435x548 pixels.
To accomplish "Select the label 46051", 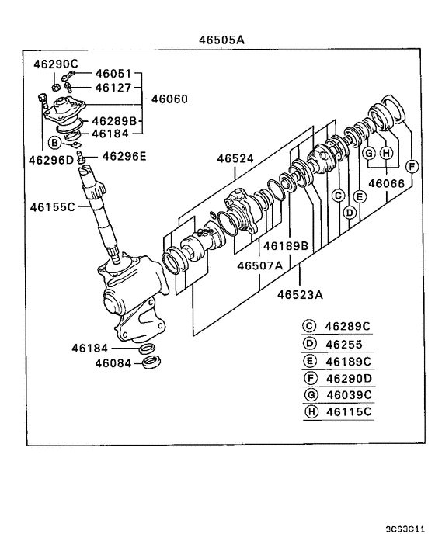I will (113, 74).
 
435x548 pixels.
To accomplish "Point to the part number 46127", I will (113, 88).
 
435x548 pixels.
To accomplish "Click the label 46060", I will (171, 99).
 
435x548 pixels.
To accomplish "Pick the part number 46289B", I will (114, 121).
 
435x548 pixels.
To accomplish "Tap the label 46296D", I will (51, 160).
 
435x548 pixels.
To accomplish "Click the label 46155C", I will (53, 206).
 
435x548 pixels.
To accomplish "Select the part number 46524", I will (235, 158).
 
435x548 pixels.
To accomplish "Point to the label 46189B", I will (285, 246).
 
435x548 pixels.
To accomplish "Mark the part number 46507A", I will (259, 265).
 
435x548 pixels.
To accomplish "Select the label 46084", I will (113, 362).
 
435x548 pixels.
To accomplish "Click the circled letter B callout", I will (54, 143).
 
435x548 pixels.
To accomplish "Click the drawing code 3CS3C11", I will (405, 529).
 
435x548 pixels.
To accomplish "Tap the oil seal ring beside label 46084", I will (152, 362).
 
